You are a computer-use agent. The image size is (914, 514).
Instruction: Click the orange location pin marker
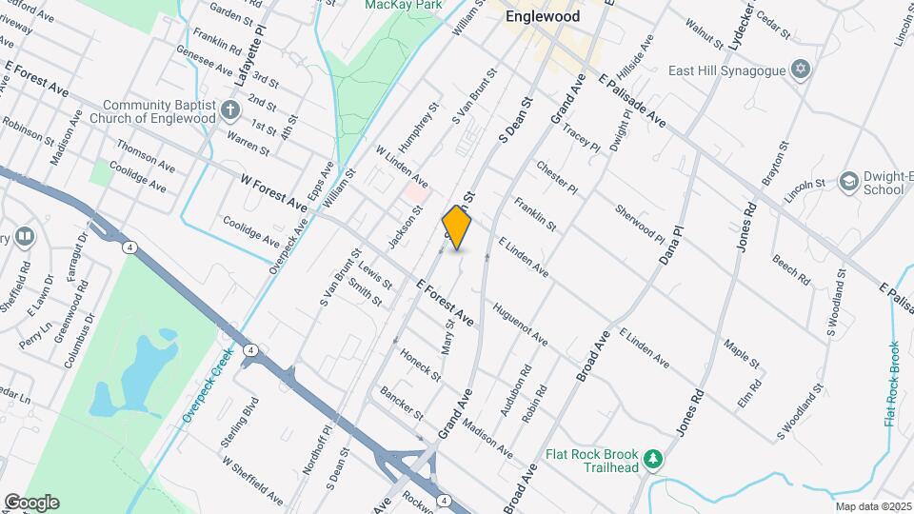(457, 228)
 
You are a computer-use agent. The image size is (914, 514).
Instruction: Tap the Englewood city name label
(544, 16)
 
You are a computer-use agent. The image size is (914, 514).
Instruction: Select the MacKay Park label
(405, 5)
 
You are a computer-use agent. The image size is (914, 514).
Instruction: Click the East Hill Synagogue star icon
(801, 70)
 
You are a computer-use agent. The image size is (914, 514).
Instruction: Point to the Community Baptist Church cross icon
(229, 110)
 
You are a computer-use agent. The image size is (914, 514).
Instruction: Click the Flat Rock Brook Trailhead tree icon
(652, 461)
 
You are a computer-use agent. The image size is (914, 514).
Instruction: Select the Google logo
(31, 503)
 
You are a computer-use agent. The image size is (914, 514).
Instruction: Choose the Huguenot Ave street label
(520, 325)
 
